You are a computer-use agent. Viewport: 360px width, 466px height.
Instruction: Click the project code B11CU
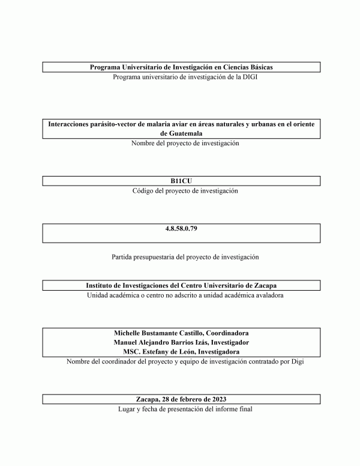tap(181, 181)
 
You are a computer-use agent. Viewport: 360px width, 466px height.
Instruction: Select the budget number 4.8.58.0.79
tap(181, 229)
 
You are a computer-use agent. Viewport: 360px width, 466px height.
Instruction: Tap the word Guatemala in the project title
tap(181, 133)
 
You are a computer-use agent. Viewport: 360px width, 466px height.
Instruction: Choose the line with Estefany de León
tap(181, 351)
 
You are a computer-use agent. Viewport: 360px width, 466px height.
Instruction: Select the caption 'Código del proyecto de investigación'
tap(181, 190)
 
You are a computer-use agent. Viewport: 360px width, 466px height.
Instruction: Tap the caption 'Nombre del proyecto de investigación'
tap(181, 143)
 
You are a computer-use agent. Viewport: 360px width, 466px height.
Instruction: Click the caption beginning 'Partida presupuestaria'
tap(181, 256)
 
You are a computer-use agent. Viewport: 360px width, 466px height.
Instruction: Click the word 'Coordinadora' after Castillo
tap(226, 333)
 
